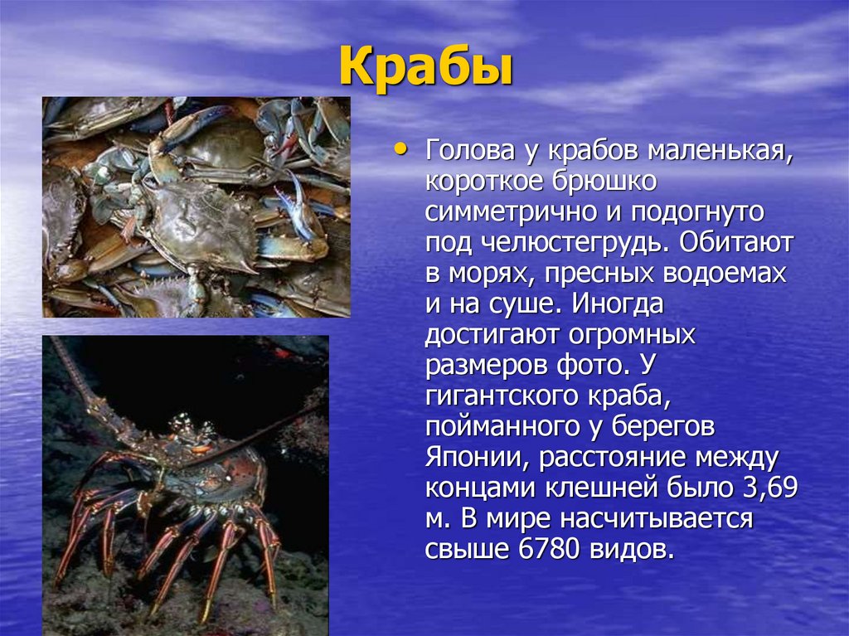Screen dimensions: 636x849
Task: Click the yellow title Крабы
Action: [425, 68]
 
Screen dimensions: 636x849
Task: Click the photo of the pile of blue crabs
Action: [196, 206]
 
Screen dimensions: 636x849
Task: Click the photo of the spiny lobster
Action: [186, 485]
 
